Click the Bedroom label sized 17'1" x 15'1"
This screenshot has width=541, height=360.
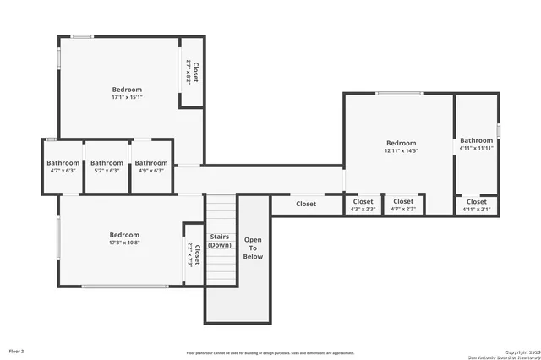pyautogui.click(x=127, y=90)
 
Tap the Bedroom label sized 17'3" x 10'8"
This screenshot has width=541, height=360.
pyautogui.click(x=124, y=235)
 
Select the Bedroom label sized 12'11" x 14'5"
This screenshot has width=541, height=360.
pyautogui.click(x=402, y=144)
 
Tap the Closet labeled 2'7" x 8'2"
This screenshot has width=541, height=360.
pyautogui.click(x=192, y=73)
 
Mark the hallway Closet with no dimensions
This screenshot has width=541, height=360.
pyautogui.click(x=306, y=204)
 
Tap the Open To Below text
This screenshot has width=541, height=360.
pyautogui.click(x=253, y=248)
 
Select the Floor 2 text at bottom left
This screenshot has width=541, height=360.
pyautogui.click(x=17, y=350)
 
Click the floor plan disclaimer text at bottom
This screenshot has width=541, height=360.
pyautogui.click(x=270, y=352)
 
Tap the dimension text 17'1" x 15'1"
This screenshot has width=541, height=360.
pyautogui.click(x=127, y=97)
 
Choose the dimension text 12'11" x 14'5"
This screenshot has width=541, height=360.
pyautogui.click(x=402, y=151)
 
